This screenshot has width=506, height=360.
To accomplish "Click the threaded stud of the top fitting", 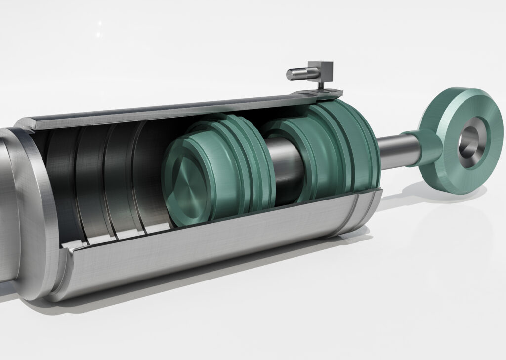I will click(x=296, y=74).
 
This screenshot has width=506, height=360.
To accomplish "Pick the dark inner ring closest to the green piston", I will click(x=148, y=173).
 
